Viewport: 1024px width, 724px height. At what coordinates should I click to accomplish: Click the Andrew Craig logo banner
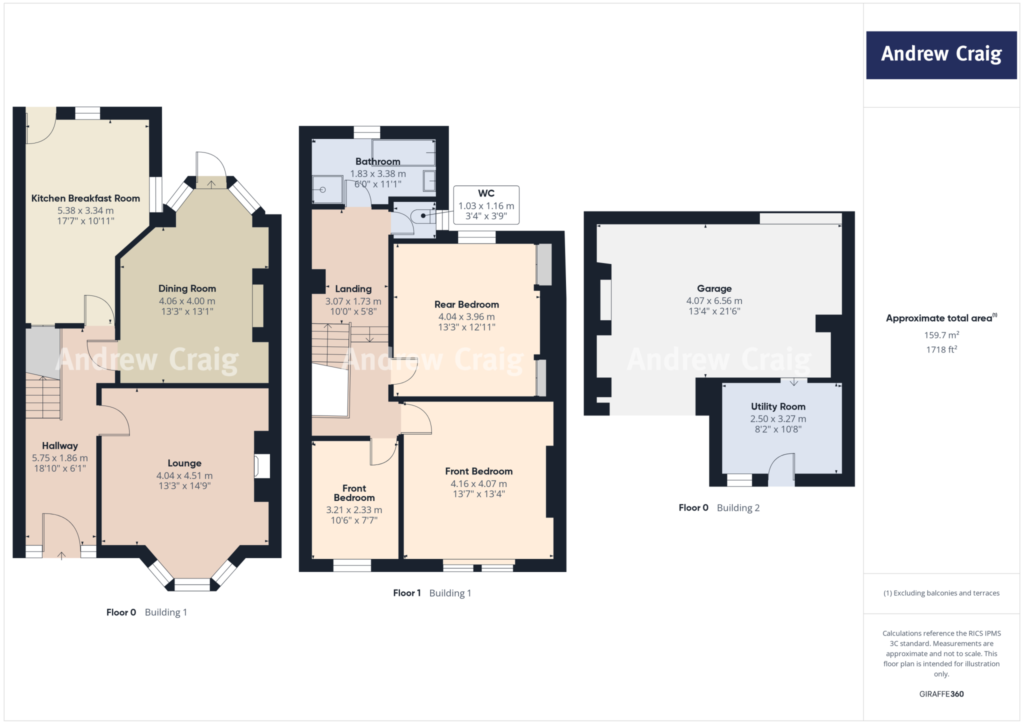pos(941,55)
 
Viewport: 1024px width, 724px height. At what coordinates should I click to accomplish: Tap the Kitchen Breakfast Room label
pos(85,198)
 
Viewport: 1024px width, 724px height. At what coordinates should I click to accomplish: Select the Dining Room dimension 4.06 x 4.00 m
pos(187,301)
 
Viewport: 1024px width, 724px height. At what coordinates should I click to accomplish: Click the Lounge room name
pos(184,463)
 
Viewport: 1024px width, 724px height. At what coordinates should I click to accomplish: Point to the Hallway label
pos(60,446)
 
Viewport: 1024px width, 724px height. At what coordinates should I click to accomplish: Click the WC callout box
pos(486,205)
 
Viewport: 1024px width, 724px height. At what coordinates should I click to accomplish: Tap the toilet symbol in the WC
pos(422,216)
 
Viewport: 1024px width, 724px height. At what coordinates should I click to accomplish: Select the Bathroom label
pos(377,161)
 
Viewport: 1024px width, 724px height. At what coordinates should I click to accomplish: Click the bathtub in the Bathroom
pos(403,152)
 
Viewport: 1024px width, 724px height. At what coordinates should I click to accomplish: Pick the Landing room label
pos(353,289)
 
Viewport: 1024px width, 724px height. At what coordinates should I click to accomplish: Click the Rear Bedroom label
pos(466,304)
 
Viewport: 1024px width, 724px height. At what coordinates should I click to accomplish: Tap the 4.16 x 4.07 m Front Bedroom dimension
pos(478,483)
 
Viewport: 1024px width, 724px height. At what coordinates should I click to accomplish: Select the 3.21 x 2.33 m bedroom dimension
pos(354,510)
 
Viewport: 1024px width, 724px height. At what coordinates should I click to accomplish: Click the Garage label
pos(714,288)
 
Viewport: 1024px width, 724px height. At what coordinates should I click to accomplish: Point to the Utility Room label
pos(778,406)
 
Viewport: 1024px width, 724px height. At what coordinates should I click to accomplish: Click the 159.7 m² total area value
pos(941,335)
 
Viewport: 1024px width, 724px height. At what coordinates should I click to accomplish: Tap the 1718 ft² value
pos(941,349)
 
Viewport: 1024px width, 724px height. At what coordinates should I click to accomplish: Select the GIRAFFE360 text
pos(941,694)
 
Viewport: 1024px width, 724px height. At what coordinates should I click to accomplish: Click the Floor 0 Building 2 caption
pos(718,508)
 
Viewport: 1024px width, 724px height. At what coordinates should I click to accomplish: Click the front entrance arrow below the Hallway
pos(61,555)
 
